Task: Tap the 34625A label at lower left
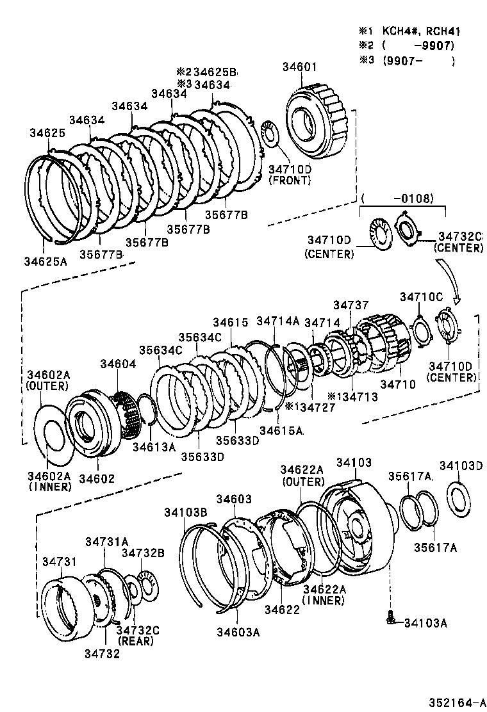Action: pyautogui.click(x=45, y=261)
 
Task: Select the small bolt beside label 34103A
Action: pyautogui.click(x=390, y=618)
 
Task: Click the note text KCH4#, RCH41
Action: pyautogui.click(x=422, y=31)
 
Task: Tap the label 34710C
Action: pyautogui.click(x=421, y=296)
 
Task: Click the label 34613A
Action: pyautogui.click(x=154, y=446)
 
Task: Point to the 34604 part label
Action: pyautogui.click(x=117, y=364)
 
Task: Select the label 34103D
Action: pyautogui.click(x=461, y=465)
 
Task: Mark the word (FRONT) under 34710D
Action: pyautogui.click(x=289, y=180)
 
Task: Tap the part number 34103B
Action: pyautogui.click(x=185, y=512)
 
